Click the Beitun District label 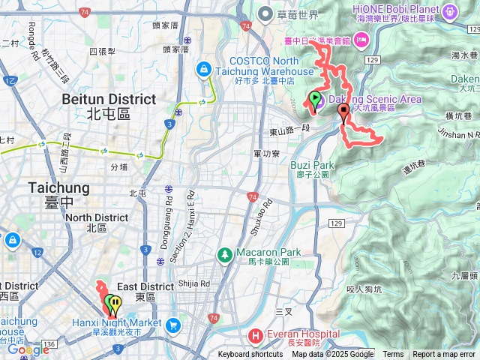[109, 99]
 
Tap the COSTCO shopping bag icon [202, 70]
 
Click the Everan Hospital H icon [255, 334]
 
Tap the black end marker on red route [344, 114]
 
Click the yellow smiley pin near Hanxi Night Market [114, 304]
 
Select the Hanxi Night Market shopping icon [173, 325]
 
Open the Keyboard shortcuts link [250, 355]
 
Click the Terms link [393, 355]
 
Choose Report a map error [444, 355]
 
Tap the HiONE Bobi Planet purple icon [450, 12]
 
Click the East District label [145, 286]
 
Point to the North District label [97, 217]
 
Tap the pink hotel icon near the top [362, 39]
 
